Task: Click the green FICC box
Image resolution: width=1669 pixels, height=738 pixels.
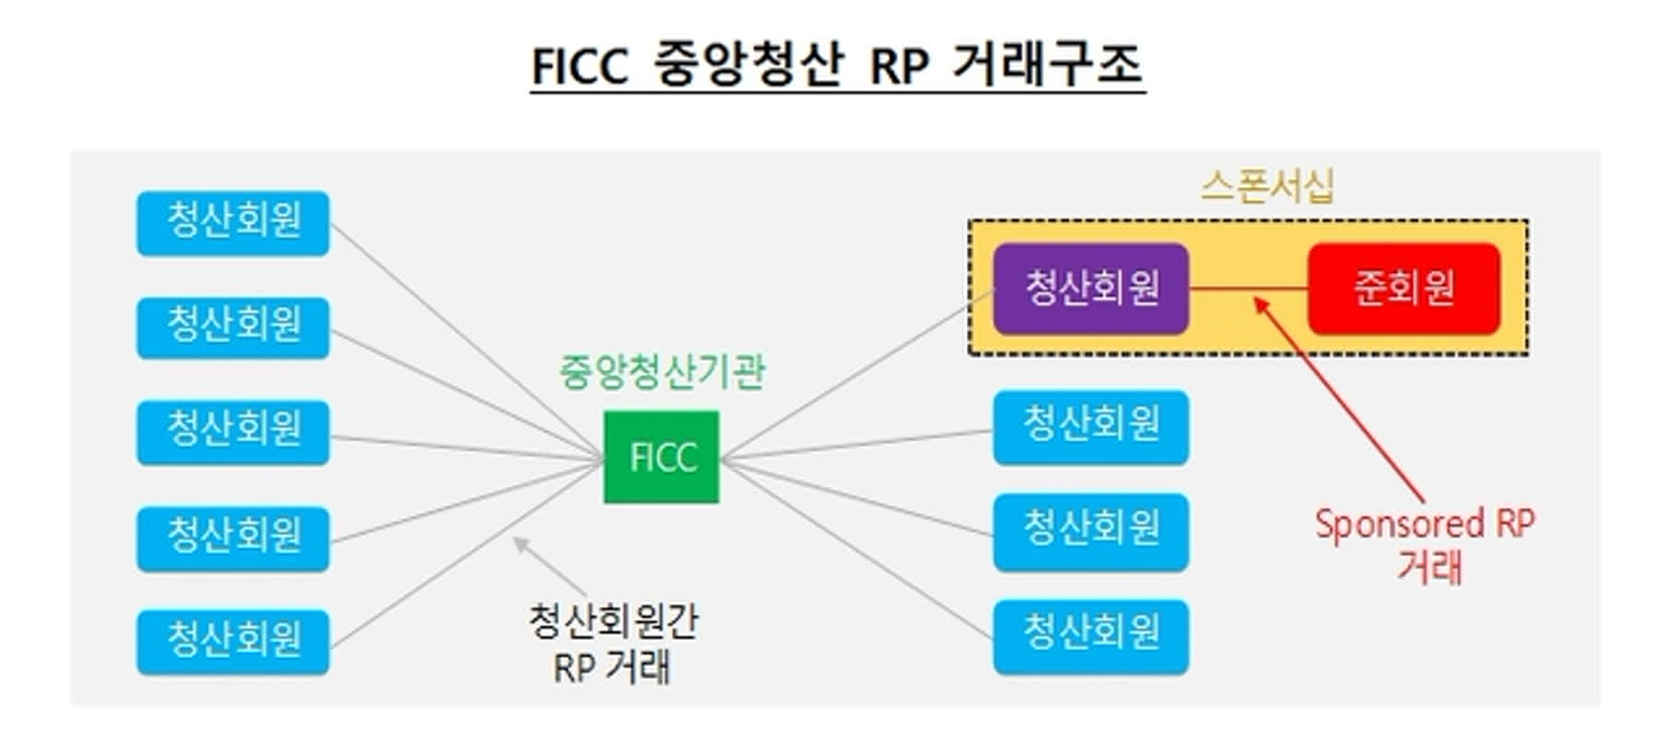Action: pos(661,457)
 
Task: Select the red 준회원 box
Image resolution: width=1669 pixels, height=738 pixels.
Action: pos(1403,288)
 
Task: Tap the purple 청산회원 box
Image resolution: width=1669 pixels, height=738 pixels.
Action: pos(1091,288)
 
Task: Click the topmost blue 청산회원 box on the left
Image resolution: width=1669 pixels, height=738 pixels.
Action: pos(232,222)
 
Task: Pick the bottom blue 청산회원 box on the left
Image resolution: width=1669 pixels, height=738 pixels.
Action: pos(232,640)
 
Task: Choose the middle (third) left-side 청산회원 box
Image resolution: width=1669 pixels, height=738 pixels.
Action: pos(232,431)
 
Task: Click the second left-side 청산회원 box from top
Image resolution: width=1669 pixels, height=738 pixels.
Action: pos(232,327)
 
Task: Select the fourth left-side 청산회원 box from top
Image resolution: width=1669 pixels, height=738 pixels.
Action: pos(232,537)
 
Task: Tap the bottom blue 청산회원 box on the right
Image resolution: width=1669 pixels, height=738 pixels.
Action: pos(1091,636)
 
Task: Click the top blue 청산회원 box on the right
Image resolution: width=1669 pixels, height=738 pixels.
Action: pos(1091,426)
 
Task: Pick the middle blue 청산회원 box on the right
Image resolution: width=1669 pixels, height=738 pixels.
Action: pos(1091,530)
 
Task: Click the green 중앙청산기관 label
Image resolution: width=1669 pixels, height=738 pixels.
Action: pos(662,373)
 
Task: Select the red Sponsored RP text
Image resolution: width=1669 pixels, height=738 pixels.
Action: pos(1424,524)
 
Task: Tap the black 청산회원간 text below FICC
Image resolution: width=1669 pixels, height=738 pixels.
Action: pos(613,622)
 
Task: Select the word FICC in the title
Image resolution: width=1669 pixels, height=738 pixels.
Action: pos(578,67)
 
